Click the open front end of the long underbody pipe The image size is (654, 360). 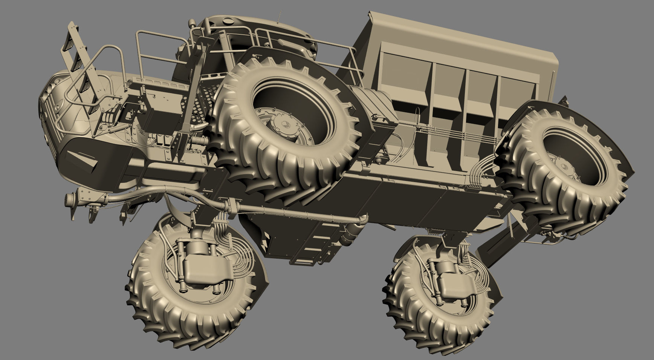click(x=69, y=200)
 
